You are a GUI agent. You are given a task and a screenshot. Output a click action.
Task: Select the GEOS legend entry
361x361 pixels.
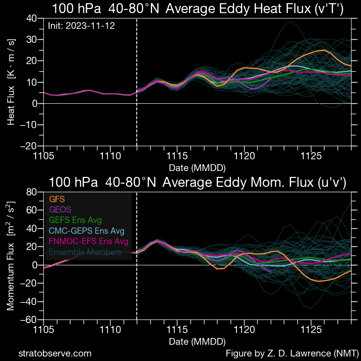pyautogui.click(x=60, y=209)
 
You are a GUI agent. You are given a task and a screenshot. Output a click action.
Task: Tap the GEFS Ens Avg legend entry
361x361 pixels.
pyautogui.click(x=75, y=220)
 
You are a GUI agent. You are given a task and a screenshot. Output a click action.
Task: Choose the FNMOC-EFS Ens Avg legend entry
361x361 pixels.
pyautogui.click(x=88, y=241)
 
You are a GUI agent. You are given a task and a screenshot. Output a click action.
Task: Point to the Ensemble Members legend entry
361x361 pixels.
pyautogui.click(x=85, y=252)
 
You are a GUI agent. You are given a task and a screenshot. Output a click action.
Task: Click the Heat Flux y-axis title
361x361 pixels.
pyautogui.click(x=11, y=82)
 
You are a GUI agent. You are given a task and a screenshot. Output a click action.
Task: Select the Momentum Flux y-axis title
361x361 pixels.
pyautogui.click(x=11, y=256)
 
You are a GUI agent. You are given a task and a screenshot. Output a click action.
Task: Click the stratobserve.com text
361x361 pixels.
pyautogui.click(x=55, y=353)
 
